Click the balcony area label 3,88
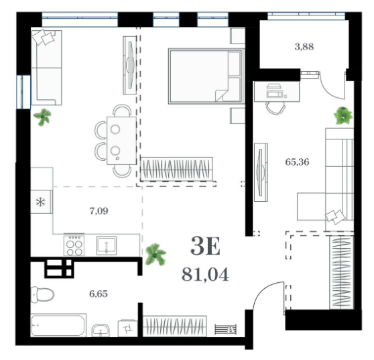pyautogui.click(x=304, y=47)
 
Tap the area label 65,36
pyautogui.click(x=297, y=162)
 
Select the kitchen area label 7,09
pyautogui.click(x=99, y=211)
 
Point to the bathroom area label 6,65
pyautogui.click(x=99, y=294)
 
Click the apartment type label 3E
pyautogui.click(x=205, y=246)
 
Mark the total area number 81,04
pyautogui.click(x=205, y=275)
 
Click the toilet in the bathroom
pyautogui.click(x=42, y=294)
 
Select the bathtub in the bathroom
pyautogui.click(x=58, y=325)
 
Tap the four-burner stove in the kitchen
pyautogui.click(x=74, y=245)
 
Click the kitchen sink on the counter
pyautogui.click(x=107, y=245)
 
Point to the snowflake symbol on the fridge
pyautogui.click(x=40, y=202)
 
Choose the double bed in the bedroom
pyautogui.click(x=206, y=76)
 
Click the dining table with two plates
pyautogui.click(x=121, y=141)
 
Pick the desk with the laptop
pyautogui.click(x=277, y=91)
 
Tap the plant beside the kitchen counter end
pyautogui.click(x=155, y=254)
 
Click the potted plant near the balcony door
pyautogui.click(x=343, y=116)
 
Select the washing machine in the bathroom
pyautogui.click(x=127, y=328)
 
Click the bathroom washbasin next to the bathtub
pyautogui.click(x=101, y=331)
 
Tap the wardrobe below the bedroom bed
pyautogui.click(x=177, y=169)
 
